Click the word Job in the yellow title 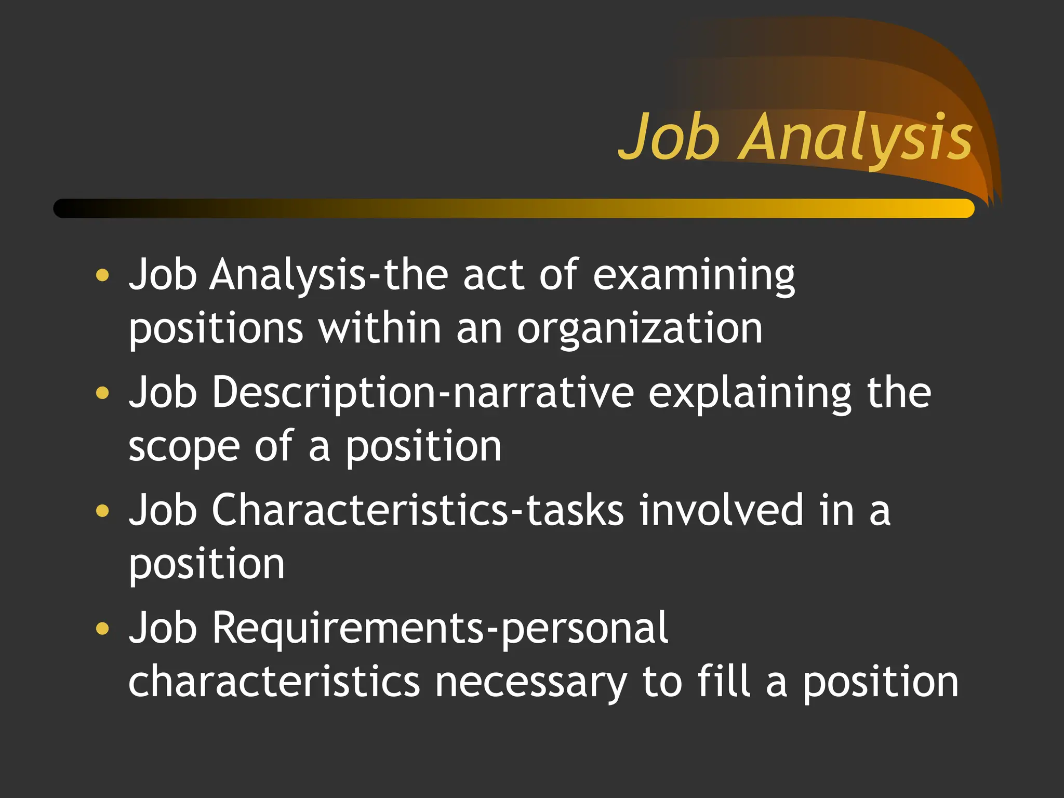(x=670, y=138)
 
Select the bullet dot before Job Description (x=103, y=392)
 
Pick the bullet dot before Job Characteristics (x=103, y=510)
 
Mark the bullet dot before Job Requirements (x=103, y=628)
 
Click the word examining (x=694, y=275)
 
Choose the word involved (x=721, y=510)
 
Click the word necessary (x=531, y=683)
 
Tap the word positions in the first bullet (x=216, y=330)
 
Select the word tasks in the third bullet (x=575, y=510)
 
